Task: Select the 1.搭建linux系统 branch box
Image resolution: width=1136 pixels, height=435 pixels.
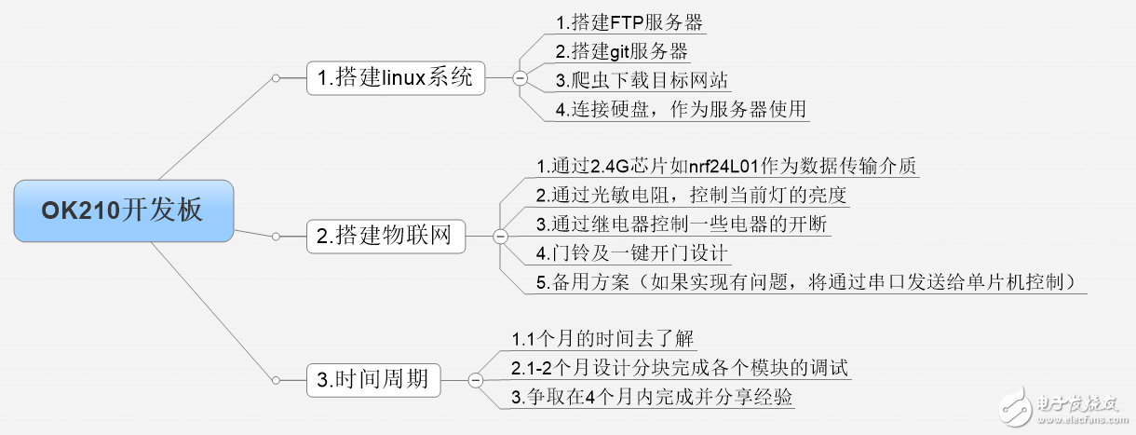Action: [396, 78]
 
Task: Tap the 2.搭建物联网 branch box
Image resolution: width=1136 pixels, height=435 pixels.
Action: [385, 237]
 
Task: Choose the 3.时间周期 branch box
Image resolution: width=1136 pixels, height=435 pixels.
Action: [372, 379]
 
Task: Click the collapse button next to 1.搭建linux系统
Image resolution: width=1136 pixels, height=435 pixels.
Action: [520, 78]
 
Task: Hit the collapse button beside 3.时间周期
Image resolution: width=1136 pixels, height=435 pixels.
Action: [475, 379]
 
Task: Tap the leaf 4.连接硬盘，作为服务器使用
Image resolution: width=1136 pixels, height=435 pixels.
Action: [680, 109]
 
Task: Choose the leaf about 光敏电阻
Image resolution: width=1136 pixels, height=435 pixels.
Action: [691, 195]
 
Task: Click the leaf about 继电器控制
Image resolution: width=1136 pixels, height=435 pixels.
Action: [681, 224]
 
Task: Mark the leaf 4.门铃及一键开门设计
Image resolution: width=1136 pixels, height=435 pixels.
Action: [632, 252]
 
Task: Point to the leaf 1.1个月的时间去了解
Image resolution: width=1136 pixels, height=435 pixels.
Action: [604, 337]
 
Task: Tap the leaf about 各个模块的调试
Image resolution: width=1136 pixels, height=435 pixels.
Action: [681, 367]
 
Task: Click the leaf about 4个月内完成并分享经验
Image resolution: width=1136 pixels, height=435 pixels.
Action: [652, 397]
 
